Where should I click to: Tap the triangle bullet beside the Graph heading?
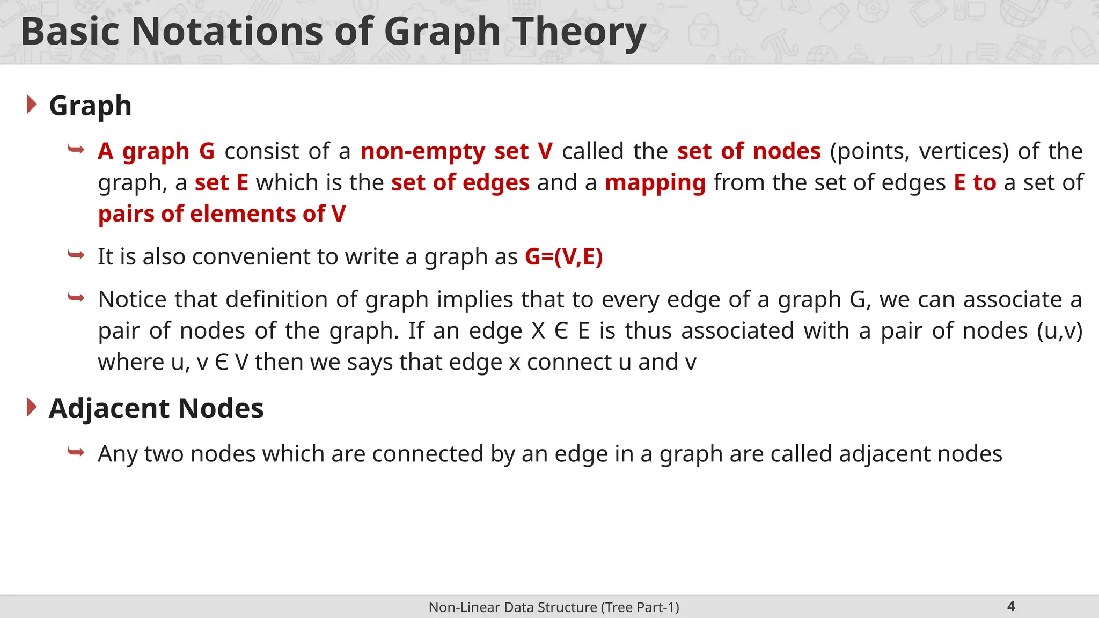[32, 104]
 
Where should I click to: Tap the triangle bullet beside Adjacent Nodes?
[32, 407]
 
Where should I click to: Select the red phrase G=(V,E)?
[563, 256]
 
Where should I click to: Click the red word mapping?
[655, 183]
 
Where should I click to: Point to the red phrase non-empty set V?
[456, 151]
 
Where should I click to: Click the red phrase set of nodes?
[749, 151]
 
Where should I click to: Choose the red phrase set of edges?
[460, 183]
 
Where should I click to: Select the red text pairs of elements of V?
[222, 214]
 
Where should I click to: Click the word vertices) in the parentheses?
[964, 151]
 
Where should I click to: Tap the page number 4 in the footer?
[1011, 607]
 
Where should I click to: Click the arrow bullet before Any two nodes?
[76, 453]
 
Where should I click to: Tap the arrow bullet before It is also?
[76, 255]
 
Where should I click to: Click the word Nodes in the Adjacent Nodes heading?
[221, 408]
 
